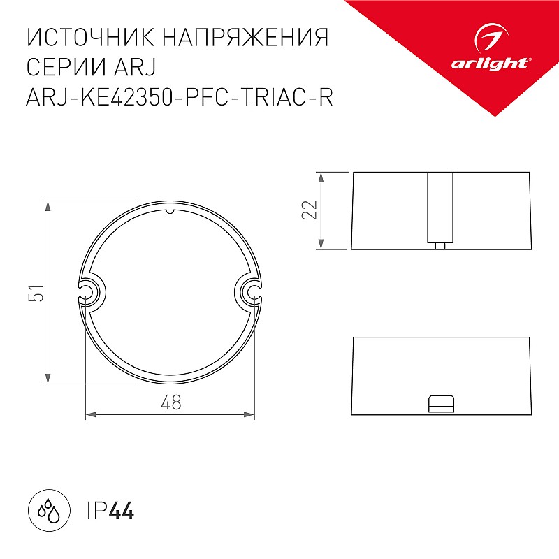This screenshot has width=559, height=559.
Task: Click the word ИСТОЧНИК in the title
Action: click(91, 37)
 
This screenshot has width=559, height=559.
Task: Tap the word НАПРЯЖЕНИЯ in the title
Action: click(245, 37)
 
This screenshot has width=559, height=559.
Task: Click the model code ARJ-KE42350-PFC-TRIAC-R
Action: click(180, 96)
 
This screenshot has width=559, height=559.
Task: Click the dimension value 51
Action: click(36, 293)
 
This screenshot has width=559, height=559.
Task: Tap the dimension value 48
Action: click(171, 402)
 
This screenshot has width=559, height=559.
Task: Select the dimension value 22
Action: click(310, 210)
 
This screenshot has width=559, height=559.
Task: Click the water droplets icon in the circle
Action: click(49, 511)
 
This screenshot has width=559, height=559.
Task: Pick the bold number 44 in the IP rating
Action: click(121, 511)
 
